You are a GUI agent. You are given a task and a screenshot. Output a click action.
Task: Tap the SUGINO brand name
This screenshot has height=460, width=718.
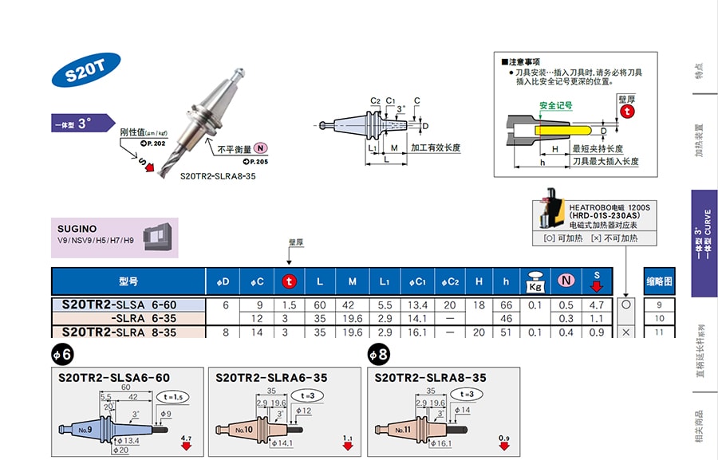click(78, 229)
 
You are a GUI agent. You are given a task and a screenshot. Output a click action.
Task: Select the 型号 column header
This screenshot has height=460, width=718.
click(128, 281)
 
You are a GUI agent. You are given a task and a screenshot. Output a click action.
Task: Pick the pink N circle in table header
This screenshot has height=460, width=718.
click(566, 281)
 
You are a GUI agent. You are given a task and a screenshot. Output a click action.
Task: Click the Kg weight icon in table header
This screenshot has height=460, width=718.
click(535, 281)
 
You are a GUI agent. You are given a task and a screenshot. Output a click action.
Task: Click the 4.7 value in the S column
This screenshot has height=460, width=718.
click(596, 305)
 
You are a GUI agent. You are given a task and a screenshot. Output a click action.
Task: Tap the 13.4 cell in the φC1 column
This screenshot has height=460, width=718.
click(418, 305)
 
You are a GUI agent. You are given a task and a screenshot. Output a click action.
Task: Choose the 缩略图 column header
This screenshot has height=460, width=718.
click(659, 281)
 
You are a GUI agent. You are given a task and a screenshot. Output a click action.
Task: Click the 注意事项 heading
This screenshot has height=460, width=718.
click(524, 61)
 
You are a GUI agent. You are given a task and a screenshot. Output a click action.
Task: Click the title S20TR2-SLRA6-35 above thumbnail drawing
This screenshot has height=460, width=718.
click(271, 378)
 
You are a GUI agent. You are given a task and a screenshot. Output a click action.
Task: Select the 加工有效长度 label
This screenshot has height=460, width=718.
click(436, 148)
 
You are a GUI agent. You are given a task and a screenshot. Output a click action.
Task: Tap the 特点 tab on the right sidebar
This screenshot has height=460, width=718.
click(699, 70)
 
